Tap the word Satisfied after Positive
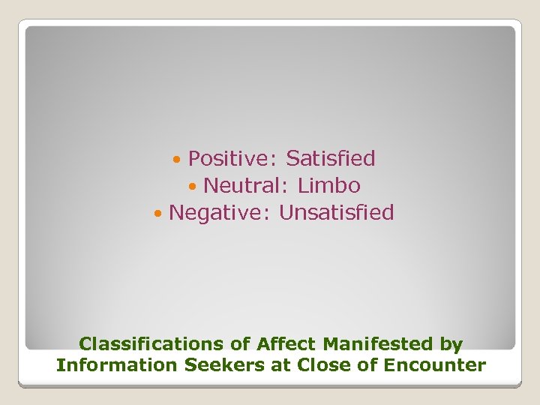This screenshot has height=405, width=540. point(331,159)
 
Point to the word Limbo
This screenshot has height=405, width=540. point(329,186)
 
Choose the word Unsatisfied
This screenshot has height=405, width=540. point(337,213)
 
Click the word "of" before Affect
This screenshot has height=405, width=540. point(240,344)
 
